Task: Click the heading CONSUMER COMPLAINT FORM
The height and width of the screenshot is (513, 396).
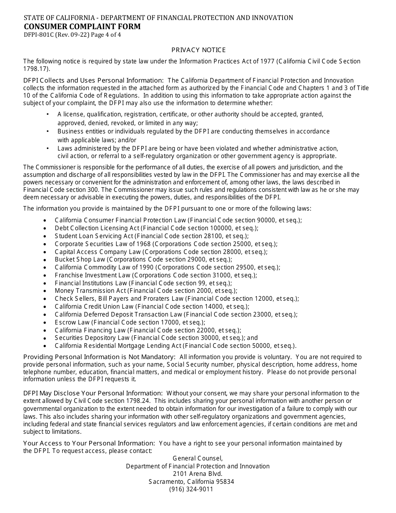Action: [82, 27]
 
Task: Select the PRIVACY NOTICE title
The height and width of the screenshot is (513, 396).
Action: [198, 50]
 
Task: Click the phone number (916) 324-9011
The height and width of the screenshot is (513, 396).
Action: [191, 489]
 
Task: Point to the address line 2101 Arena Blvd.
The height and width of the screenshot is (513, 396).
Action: [198, 474]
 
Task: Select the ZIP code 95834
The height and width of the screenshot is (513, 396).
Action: [224, 482]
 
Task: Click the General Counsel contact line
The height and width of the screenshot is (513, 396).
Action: [198, 458]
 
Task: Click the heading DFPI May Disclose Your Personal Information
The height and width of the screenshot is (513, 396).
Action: [93, 393]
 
